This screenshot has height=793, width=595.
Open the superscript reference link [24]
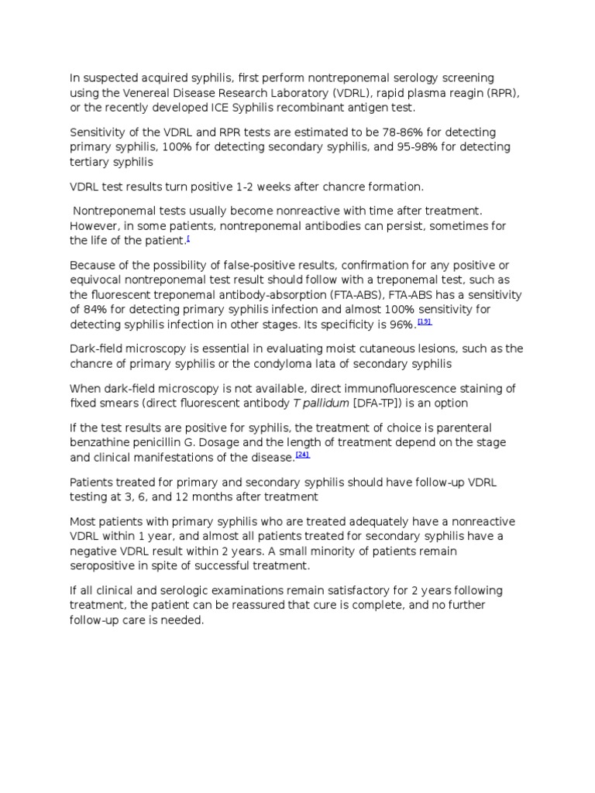(302, 455)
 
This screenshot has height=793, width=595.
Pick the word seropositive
(104, 565)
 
